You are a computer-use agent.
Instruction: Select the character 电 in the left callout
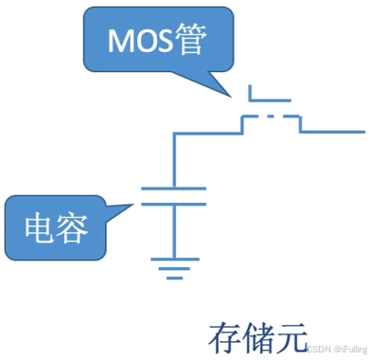42,226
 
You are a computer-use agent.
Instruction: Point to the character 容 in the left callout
72,226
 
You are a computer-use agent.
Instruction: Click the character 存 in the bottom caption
223,336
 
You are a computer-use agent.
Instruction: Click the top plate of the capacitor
173,189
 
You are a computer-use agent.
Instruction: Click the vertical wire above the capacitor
173,161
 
